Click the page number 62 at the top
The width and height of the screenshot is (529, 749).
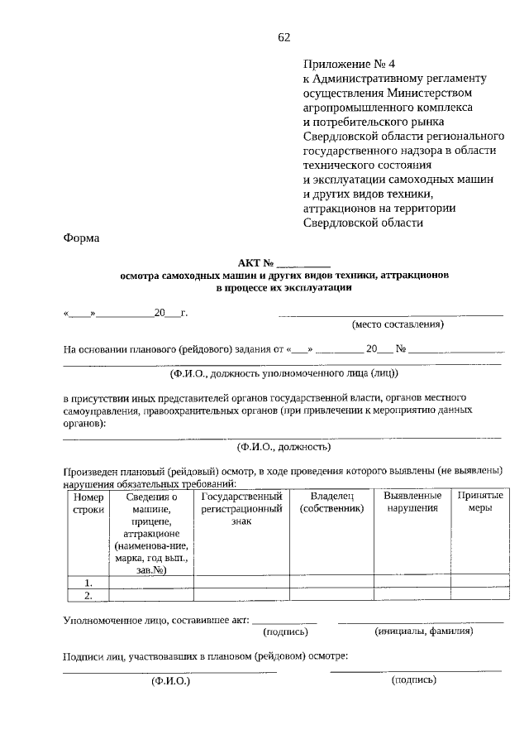(284, 36)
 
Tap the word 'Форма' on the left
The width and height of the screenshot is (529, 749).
(80, 238)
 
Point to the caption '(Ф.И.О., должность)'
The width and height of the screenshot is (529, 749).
(284, 447)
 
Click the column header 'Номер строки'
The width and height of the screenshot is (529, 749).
(88, 502)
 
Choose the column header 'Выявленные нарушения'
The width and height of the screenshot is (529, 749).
(412, 502)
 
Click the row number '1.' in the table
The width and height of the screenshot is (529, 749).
(88, 582)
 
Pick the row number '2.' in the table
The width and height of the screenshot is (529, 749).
(88, 594)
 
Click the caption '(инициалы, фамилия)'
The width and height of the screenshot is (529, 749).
(423, 631)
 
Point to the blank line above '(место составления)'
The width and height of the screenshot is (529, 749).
(390, 314)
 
